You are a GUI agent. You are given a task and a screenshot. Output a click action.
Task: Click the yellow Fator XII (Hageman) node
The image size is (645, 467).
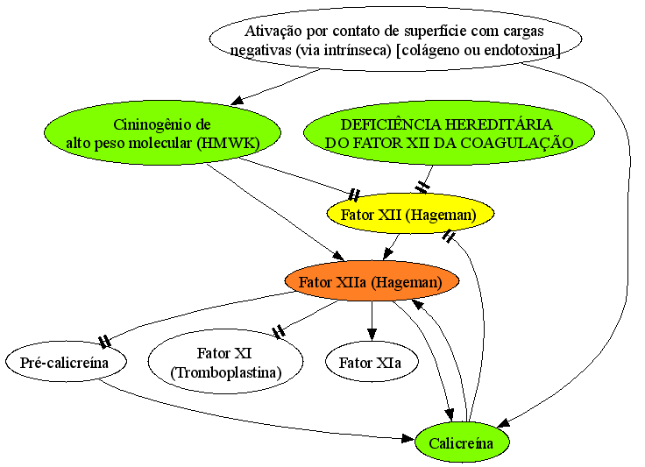(x=410, y=214)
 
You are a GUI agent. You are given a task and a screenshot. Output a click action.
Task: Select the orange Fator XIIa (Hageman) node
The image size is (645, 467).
(x=372, y=281)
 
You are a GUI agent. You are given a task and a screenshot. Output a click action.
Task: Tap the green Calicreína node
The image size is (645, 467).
(x=462, y=442)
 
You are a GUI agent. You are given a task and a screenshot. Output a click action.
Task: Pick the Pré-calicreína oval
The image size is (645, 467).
(x=66, y=362)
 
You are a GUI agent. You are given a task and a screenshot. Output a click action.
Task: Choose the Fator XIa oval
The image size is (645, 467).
(x=372, y=362)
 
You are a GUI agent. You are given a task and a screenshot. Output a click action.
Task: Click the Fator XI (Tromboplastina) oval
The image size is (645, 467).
(x=225, y=362)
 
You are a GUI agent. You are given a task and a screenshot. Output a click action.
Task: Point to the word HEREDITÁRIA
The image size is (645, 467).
(x=499, y=124)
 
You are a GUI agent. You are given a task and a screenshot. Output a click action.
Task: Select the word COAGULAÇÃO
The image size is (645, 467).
(x=517, y=143)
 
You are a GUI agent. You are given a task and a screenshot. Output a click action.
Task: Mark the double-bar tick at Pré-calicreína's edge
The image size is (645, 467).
(x=104, y=341)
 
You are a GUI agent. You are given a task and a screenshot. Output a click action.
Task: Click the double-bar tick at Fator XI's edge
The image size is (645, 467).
(x=279, y=331)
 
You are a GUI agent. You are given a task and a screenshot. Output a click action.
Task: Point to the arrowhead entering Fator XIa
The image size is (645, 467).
(x=372, y=335)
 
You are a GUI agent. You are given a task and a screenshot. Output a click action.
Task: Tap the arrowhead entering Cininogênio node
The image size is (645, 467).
(x=237, y=100)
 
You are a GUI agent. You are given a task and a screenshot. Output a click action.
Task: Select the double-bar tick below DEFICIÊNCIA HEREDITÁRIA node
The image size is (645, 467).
(x=422, y=188)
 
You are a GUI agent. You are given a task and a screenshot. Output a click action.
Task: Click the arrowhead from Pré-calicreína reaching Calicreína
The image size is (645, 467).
(x=408, y=439)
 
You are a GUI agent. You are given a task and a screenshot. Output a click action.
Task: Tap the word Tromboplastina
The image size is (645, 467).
(x=225, y=372)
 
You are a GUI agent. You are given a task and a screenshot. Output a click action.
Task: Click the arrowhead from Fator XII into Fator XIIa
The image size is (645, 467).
(x=386, y=253)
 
